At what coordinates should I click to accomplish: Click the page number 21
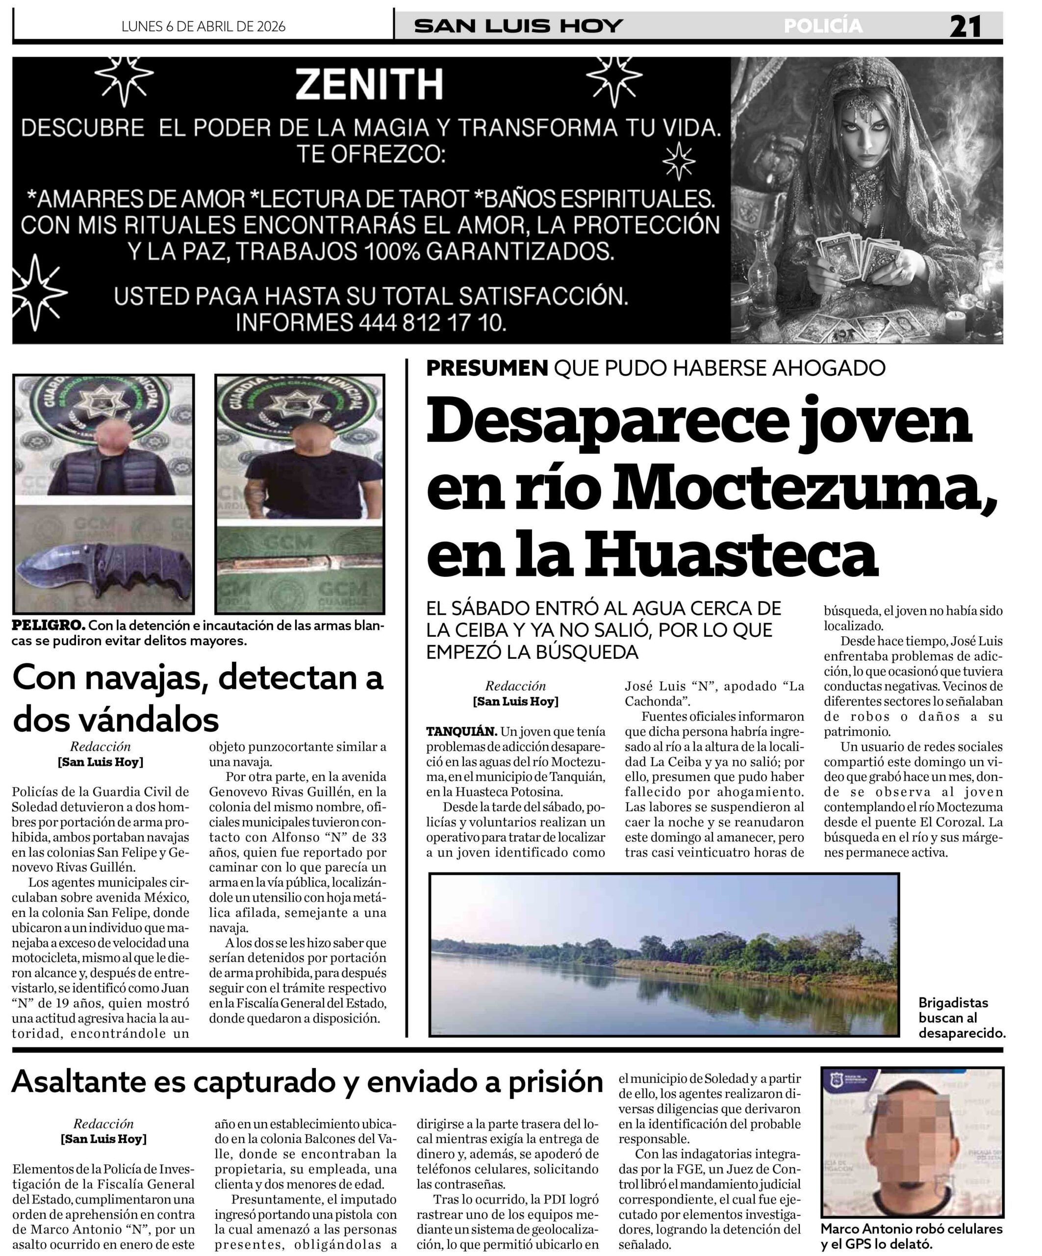[965, 27]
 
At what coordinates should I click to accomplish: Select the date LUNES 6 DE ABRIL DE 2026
[203, 26]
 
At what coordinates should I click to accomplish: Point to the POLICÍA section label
[823, 26]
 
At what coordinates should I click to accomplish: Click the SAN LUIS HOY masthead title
[518, 26]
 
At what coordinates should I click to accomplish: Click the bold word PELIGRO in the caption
[49, 626]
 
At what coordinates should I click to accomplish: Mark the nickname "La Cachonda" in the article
[715, 694]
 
